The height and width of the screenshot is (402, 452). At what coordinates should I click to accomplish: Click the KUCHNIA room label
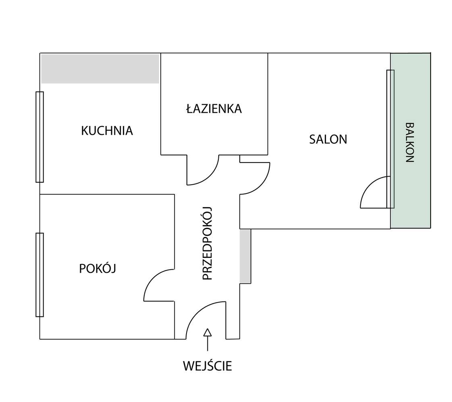point(107,131)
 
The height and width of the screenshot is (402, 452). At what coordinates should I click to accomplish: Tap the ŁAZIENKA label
point(214,109)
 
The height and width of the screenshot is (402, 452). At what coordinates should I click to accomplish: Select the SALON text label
point(328,139)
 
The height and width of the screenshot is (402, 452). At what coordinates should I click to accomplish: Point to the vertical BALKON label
point(409,142)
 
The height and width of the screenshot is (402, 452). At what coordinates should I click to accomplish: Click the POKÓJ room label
point(97,268)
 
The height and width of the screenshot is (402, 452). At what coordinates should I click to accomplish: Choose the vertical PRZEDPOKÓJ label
point(207,243)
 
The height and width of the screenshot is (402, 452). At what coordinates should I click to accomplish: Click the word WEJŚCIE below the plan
point(207,366)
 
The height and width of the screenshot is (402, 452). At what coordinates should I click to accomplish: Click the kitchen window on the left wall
point(39,137)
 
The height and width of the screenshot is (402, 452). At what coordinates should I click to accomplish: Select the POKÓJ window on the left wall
point(39,275)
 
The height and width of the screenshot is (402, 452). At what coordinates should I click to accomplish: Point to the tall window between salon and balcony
point(390,139)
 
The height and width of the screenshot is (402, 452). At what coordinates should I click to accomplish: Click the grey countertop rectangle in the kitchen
point(100,69)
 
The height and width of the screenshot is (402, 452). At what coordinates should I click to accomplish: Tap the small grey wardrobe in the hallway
point(245,256)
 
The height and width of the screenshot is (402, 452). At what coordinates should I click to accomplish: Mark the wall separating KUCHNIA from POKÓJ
point(107,194)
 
